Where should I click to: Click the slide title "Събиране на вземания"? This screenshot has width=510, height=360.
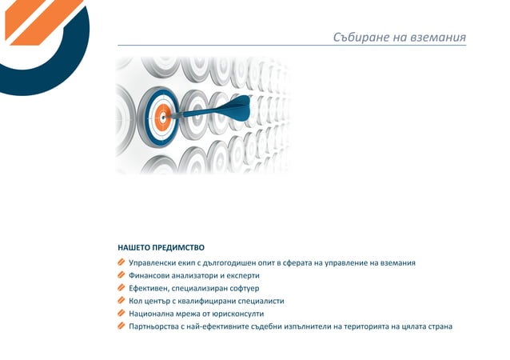tap(399, 38)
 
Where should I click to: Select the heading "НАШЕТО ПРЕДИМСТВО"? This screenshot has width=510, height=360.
tap(161, 247)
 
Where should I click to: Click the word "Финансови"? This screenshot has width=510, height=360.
tap(148, 275)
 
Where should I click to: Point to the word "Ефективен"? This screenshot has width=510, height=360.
tap(148, 288)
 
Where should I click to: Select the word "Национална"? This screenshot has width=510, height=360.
tap(150, 314)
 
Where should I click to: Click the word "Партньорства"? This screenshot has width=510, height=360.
tap(153, 326)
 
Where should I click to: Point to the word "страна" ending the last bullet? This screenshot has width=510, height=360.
tap(438, 326)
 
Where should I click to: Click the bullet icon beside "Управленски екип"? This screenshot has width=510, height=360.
tap(121, 262)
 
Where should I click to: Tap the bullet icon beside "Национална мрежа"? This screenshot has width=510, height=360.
tap(121, 314)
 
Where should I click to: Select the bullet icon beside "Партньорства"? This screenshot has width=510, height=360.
tap(121, 326)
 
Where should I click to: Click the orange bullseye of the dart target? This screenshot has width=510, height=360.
tap(162, 115)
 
